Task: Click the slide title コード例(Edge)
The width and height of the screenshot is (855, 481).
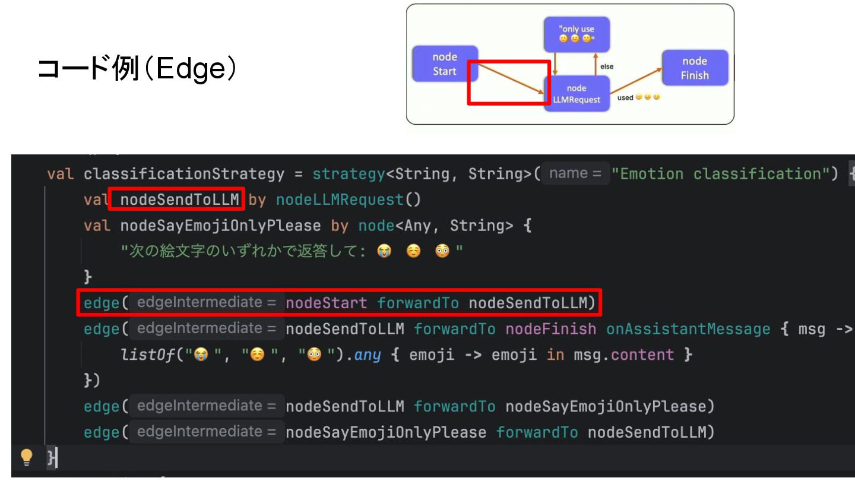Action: (x=137, y=69)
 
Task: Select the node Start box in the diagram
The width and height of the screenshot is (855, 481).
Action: (x=445, y=64)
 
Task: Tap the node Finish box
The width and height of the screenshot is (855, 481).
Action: (x=695, y=68)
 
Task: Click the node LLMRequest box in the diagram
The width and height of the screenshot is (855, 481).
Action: (x=577, y=94)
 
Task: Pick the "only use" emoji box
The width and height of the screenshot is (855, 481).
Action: (x=577, y=34)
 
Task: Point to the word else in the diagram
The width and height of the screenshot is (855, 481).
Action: (x=607, y=67)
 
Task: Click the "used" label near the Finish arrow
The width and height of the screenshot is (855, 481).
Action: (x=625, y=97)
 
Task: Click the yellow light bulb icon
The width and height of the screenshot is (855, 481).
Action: (x=27, y=456)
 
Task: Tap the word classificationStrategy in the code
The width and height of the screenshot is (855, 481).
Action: (x=184, y=174)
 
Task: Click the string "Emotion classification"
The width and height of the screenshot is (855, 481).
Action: (x=725, y=174)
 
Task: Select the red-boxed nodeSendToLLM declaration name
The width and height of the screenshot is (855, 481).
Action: (x=179, y=200)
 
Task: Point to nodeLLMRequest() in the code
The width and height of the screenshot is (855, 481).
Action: (x=348, y=200)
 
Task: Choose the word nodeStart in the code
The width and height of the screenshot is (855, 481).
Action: (x=327, y=303)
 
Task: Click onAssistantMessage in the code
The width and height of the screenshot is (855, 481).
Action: (x=688, y=329)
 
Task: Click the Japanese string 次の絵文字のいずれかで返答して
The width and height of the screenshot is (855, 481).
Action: (x=243, y=251)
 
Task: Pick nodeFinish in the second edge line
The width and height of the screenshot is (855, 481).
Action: (x=550, y=329)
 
